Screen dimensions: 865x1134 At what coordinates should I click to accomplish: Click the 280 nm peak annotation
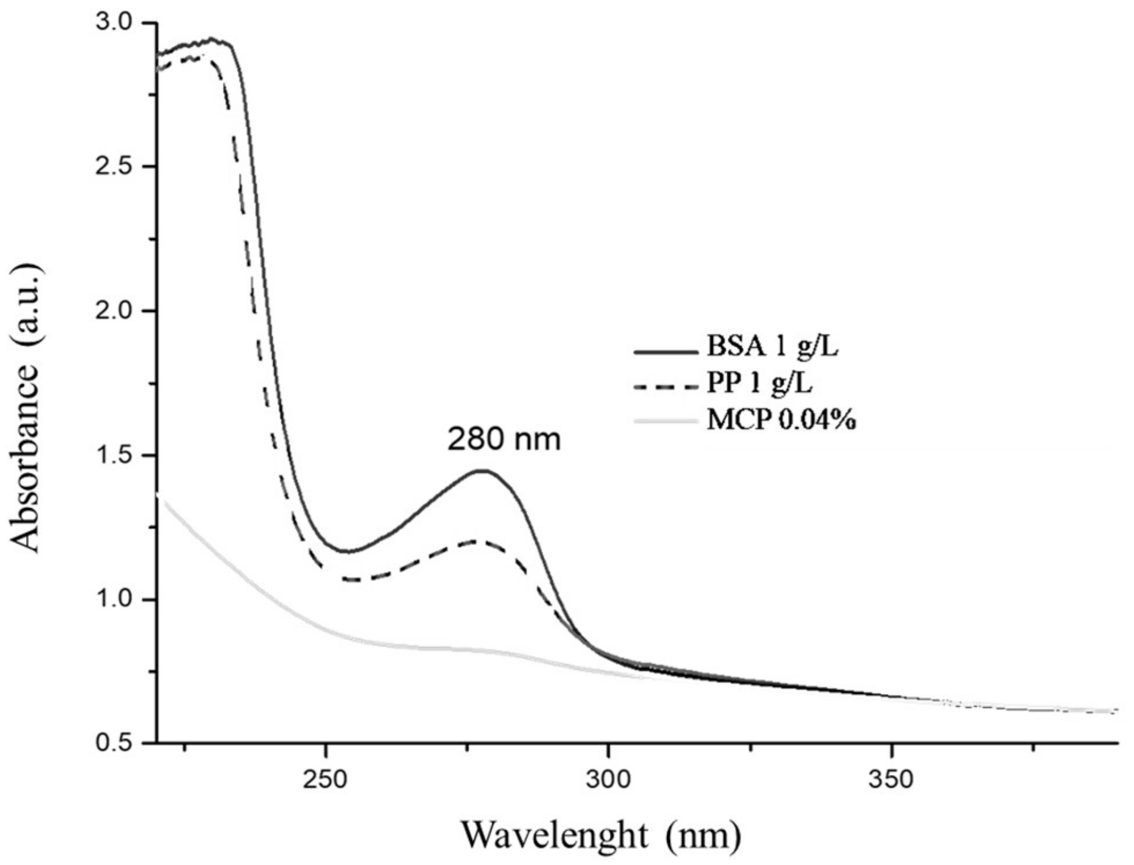(x=503, y=441)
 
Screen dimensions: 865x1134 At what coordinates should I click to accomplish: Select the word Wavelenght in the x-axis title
(x=554, y=835)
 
